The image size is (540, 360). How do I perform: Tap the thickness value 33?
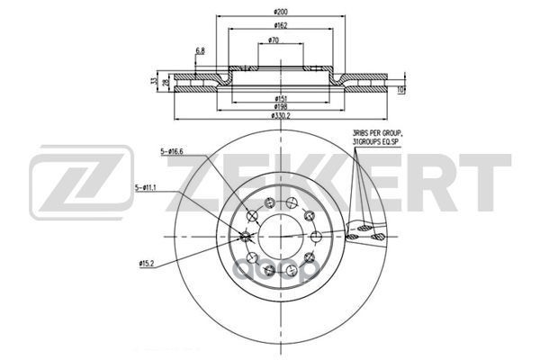[x=154, y=81]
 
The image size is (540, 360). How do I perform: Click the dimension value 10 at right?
[x=402, y=90]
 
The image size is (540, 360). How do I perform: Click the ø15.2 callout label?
[x=149, y=264]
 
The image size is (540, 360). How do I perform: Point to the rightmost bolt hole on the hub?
[x=318, y=237]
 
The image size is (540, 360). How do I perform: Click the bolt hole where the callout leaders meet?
[x=247, y=237]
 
